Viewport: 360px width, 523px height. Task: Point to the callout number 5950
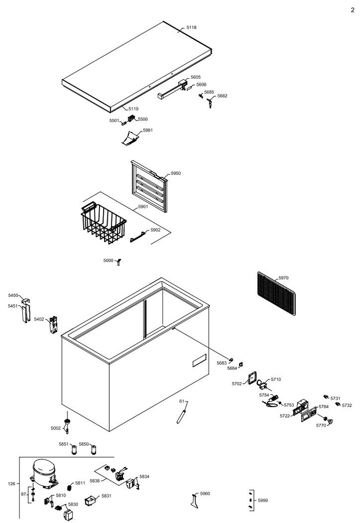pyautogui.click(x=176, y=174)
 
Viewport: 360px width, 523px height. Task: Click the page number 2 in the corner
pyautogui.click(x=352, y=10)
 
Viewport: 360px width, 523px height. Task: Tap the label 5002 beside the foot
pyautogui.click(x=55, y=428)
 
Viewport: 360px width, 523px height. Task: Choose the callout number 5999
pyautogui.click(x=262, y=501)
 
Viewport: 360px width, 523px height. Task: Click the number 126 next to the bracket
pyautogui.click(x=12, y=483)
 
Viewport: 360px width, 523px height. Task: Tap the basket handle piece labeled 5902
pyautogui.click(x=138, y=237)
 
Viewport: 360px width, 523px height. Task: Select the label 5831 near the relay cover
pyautogui.click(x=106, y=495)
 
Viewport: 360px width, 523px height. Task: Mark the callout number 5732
pyautogui.click(x=347, y=405)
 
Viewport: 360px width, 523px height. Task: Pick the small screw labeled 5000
pyautogui.click(x=118, y=262)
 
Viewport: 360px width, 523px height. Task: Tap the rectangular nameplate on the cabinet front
pyautogui.click(x=199, y=360)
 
